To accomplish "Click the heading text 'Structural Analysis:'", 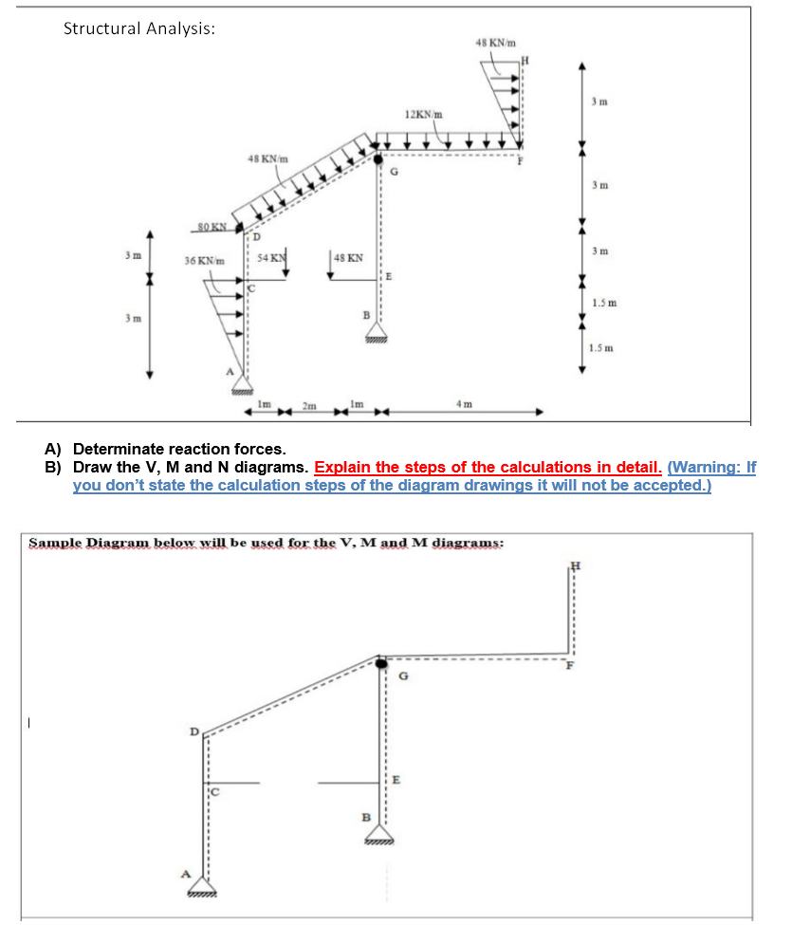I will [x=138, y=28].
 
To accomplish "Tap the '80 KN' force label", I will [x=212, y=227].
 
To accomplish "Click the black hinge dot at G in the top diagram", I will [x=379, y=159].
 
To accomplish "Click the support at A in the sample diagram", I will [x=202, y=886].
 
